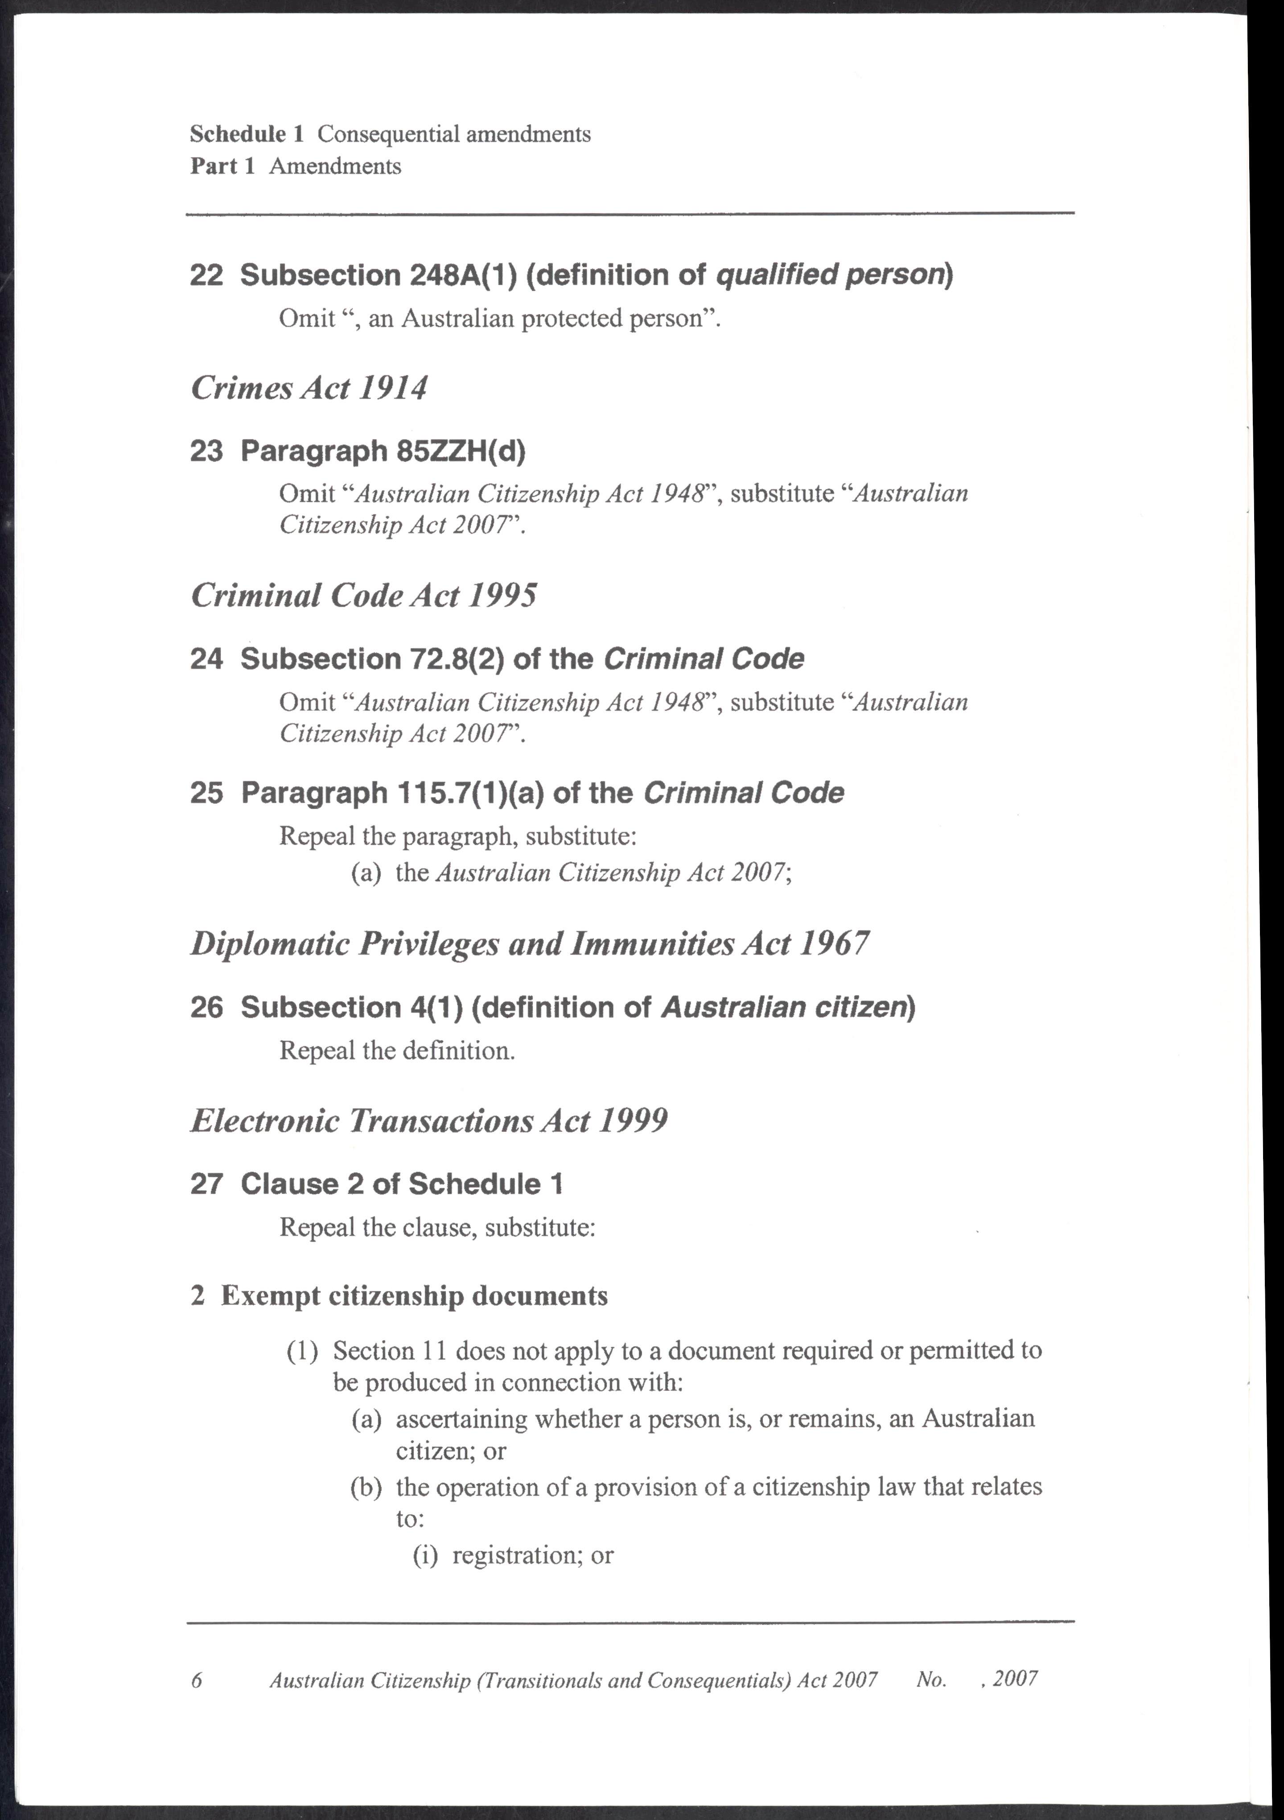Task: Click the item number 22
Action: pyautogui.click(x=206, y=276)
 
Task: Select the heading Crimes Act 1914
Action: pyautogui.click(x=309, y=388)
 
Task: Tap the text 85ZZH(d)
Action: pyautogui.click(x=460, y=452)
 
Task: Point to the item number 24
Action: pyautogui.click(x=206, y=660)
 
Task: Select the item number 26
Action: pyautogui.click(x=206, y=1007)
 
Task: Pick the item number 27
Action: pyautogui.click(x=206, y=1184)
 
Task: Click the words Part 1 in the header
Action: pyautogui.click(x=222, y=166)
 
